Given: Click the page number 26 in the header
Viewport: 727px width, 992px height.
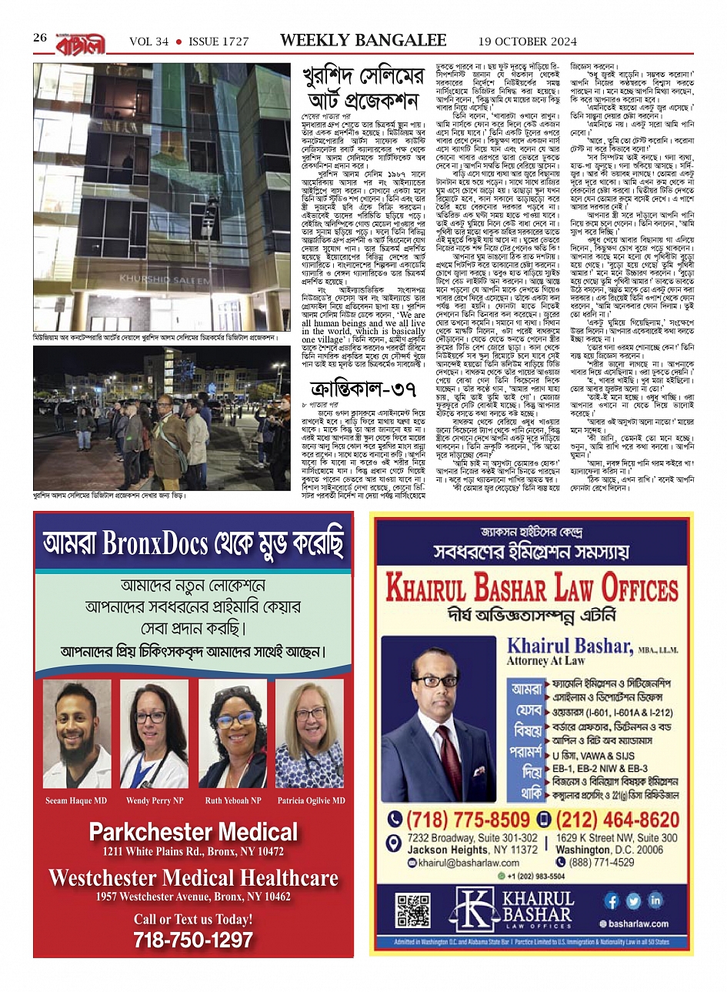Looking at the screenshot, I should tap(40, 38).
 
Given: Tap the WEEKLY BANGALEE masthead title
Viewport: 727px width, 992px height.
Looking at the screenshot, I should tap(363, 40).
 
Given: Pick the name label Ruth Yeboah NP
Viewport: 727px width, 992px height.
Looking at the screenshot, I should tap(233, 801).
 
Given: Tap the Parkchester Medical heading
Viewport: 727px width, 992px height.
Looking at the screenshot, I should tap(193, 832).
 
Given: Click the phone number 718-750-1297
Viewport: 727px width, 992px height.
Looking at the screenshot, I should tap(193, 940).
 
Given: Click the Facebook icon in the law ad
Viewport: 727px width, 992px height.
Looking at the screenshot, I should tap(612, 900).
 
